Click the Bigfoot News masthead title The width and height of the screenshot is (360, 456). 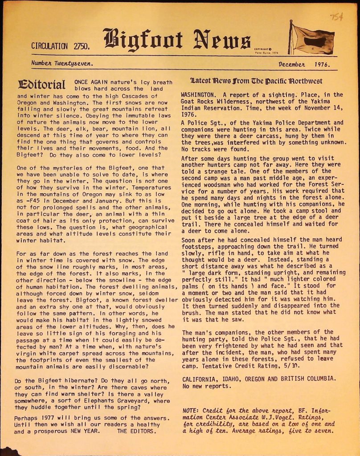[176, 40]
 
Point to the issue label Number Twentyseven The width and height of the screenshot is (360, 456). [62, 63]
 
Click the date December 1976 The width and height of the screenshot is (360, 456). [304, 64]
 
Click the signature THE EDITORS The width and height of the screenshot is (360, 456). [137, 431]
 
